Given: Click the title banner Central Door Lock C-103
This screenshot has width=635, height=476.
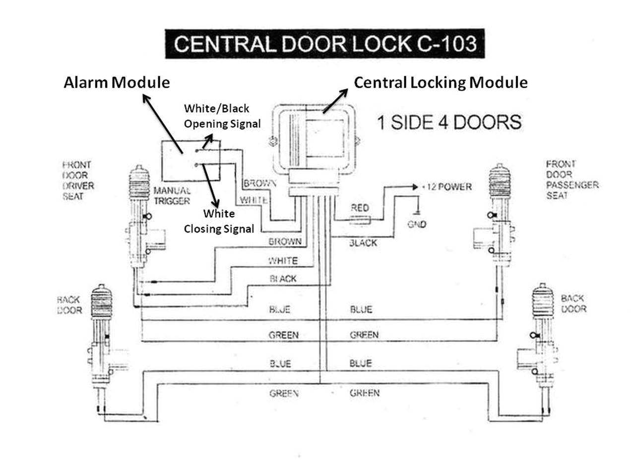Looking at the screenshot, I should coord(324,44).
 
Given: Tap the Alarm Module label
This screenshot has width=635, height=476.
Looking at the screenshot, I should coord(117,82).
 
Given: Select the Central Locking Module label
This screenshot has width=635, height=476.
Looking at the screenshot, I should coord(440,82).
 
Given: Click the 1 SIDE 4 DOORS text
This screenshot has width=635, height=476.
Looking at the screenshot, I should coord(449,122).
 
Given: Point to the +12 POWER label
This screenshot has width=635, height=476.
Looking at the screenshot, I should coord(446,187).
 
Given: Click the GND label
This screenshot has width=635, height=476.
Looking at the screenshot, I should coord(417,224).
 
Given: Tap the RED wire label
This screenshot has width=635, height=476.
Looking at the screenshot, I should coord(360,207).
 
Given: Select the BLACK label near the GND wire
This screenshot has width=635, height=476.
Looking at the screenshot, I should coord(363,243).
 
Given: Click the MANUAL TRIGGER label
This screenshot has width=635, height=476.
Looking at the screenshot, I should coord(172,195).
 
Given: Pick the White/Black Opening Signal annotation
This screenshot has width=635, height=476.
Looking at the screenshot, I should coord(222,116).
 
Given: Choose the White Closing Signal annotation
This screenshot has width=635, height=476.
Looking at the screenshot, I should coord(219,221).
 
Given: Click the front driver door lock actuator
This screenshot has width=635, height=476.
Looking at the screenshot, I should coord(141,218).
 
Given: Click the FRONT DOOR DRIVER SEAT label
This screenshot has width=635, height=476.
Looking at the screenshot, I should coord(77,180).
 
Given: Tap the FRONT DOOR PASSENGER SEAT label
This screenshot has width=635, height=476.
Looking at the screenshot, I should coord(571,179).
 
